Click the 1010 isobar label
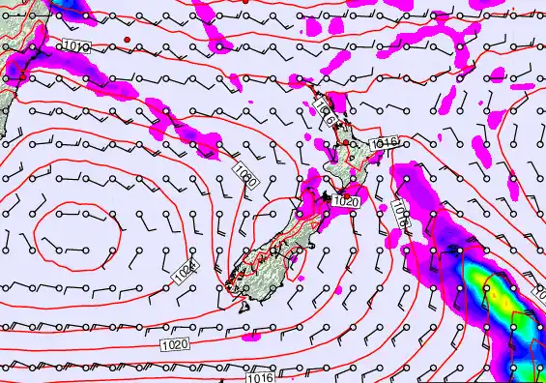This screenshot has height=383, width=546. point(77,45)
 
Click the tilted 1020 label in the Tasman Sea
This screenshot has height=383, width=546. point(246,175)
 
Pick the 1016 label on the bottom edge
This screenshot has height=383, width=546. point(259,377)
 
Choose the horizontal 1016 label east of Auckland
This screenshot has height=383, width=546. point(384,143)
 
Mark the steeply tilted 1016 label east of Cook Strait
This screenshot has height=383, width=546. point(400,214)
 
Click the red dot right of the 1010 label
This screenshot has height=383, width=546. point(127,39)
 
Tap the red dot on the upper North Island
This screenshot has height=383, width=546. point(345,143)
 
